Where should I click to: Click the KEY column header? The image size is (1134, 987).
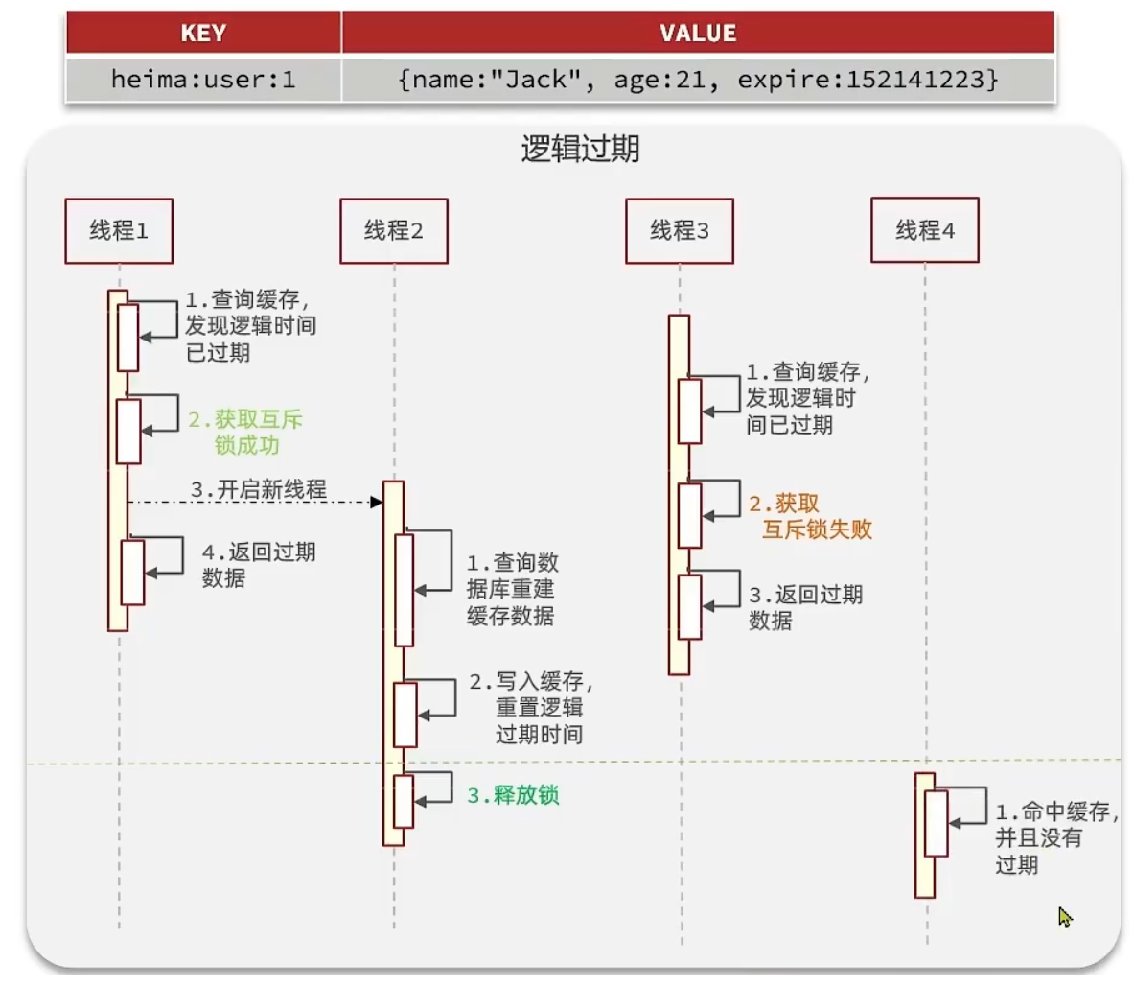pyautogui.click(x=203, y=34)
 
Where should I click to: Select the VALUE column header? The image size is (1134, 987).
pyautogui.click(x=698, y=34)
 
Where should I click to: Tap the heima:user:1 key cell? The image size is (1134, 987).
pyautogui.click(x=203, y=80)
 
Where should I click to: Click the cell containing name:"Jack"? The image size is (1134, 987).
pyautogui.click(x=698, y=80)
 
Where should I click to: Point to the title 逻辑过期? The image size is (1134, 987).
pyautogui.click(x=580, y=150)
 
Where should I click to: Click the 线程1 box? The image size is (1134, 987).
pyautogui.click(x=119, y=231)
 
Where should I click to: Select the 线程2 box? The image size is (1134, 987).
pyautogui.click(x=393, y=231)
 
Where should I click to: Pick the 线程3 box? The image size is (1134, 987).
pyautogui.click(x=679, y=231)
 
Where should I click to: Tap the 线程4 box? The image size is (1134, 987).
pyautogui.click(x=924, y=230)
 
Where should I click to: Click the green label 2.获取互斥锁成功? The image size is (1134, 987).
pyautogui.click(x=245, y=433)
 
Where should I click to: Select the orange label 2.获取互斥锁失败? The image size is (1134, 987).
pyautogui.click(x=811, y=517)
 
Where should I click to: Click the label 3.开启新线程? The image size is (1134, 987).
pyautogui.click(x=259, y=490)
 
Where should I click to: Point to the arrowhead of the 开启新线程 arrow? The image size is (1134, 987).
pyautogui.click(x=377, y=502)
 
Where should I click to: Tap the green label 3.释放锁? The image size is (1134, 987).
pyautogui.click(x=513, y=795)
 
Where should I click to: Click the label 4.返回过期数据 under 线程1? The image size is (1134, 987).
pyautogui.click(x=258, y=565)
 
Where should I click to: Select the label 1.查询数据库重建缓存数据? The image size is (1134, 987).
pyautogui.click(x=512, y=589)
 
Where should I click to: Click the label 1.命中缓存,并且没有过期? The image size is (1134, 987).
pyautogui.click(x=1053, y=838)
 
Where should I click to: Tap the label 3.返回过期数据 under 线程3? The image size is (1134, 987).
pyautogui.click(x=805, y=607)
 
